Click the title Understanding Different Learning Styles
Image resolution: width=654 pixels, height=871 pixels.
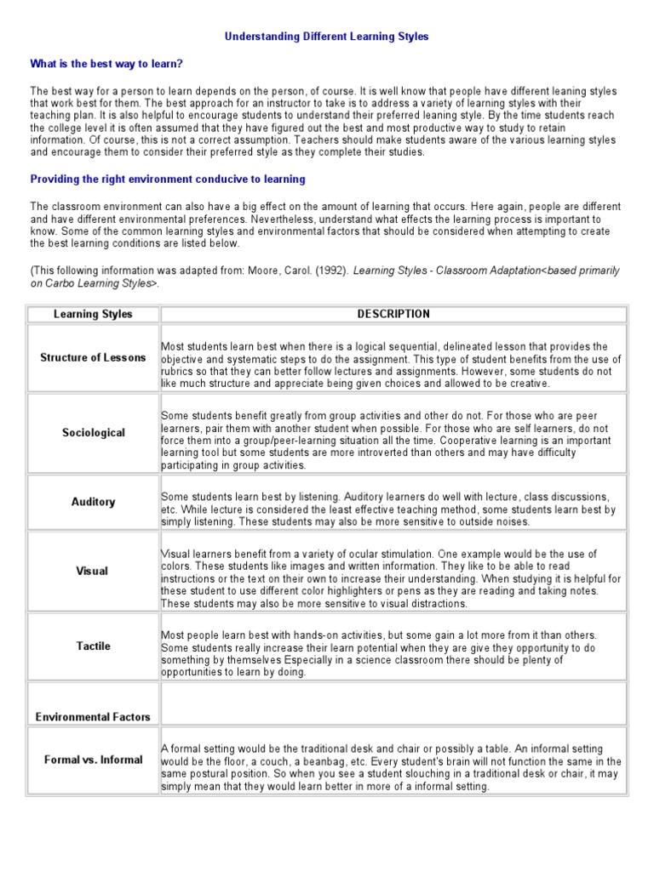(327, 37)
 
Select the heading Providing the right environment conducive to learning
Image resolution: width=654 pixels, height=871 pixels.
(168, 179)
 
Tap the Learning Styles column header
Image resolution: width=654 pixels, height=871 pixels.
(93, 314)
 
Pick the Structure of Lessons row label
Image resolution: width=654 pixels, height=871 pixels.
(93, 357)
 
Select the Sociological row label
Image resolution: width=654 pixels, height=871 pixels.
(93, 433)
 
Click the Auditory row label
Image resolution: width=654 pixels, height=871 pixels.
(93, 502)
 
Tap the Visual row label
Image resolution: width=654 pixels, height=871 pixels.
(93, 571)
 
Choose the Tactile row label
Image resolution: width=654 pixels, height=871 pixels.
(93, 646)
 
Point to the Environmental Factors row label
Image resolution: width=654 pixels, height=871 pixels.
(93, 716)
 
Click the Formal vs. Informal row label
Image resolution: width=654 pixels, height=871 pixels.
(93, 759)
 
